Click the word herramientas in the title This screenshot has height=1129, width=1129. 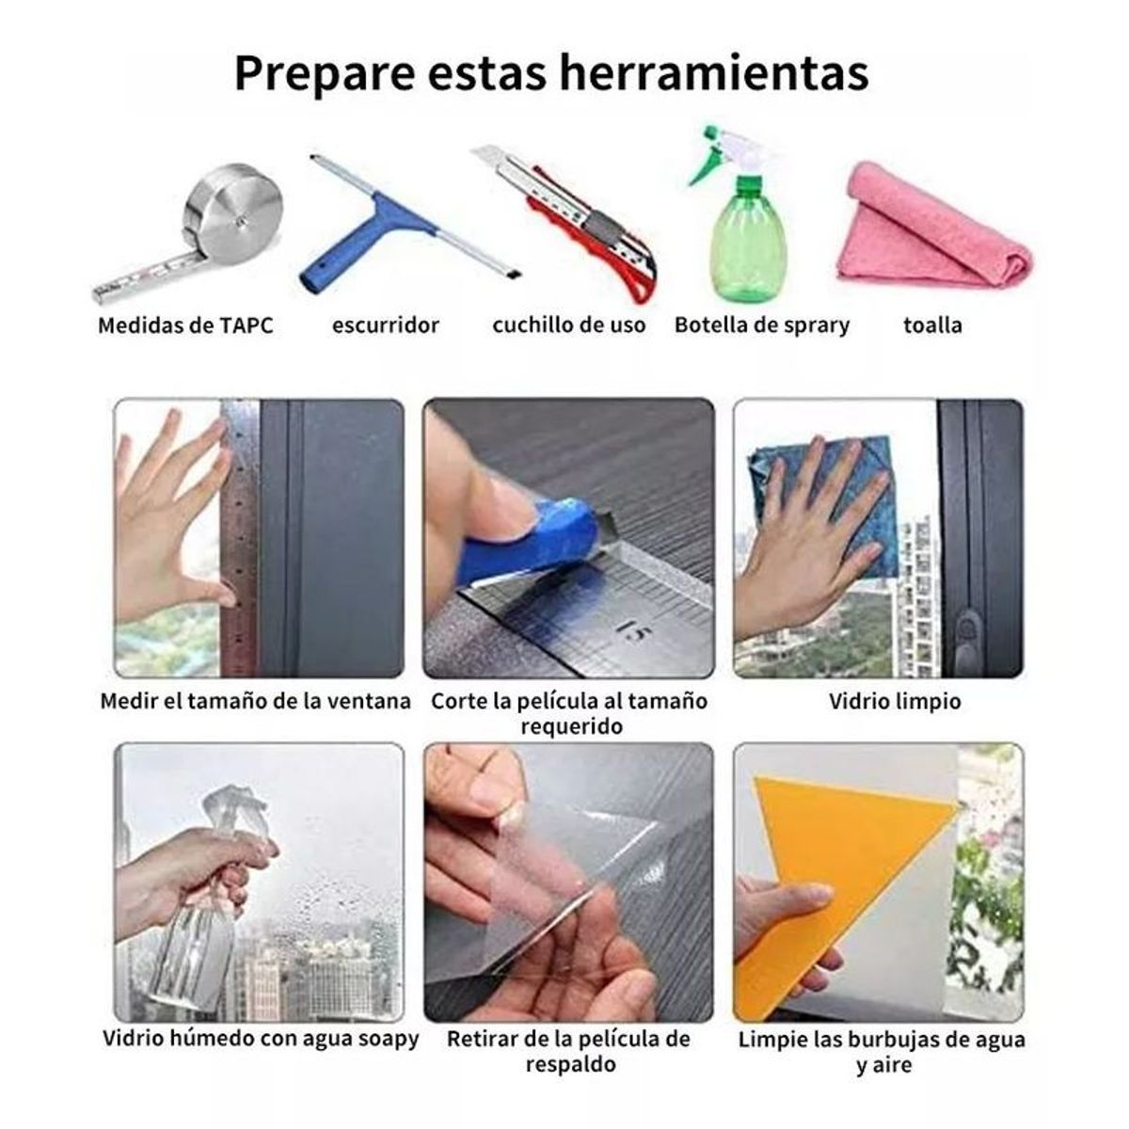[713, 72]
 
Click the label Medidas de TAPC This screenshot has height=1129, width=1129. [185, 326]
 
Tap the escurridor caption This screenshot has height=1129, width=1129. [385, 326]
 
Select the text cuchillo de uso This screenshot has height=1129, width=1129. [569, 326]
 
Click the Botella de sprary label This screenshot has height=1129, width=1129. [762, 326]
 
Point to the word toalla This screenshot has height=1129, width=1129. [932, 326]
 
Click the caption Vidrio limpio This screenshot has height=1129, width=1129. [895, 701]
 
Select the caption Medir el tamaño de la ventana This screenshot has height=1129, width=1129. [256, 701]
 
